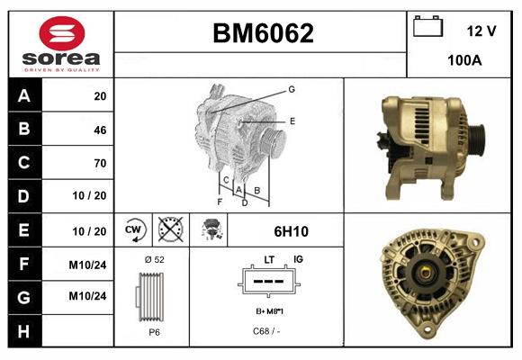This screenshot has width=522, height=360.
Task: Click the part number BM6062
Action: [263, 34]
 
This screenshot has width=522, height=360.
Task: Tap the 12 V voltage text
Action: [481, 31]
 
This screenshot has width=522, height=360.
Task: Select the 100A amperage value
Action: [464, 60]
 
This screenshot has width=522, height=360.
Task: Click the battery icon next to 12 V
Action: [427, 28]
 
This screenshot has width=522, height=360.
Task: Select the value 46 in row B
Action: [100, 130]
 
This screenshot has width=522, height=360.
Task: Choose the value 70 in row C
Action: [100, 163]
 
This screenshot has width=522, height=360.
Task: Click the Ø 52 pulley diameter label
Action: [154, 260]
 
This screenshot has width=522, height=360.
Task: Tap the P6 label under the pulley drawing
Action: [154, 332]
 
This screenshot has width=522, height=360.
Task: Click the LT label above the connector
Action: [269, 259]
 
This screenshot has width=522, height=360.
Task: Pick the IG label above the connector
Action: [298, 259]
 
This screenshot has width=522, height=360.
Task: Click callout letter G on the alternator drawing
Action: [292, 89]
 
